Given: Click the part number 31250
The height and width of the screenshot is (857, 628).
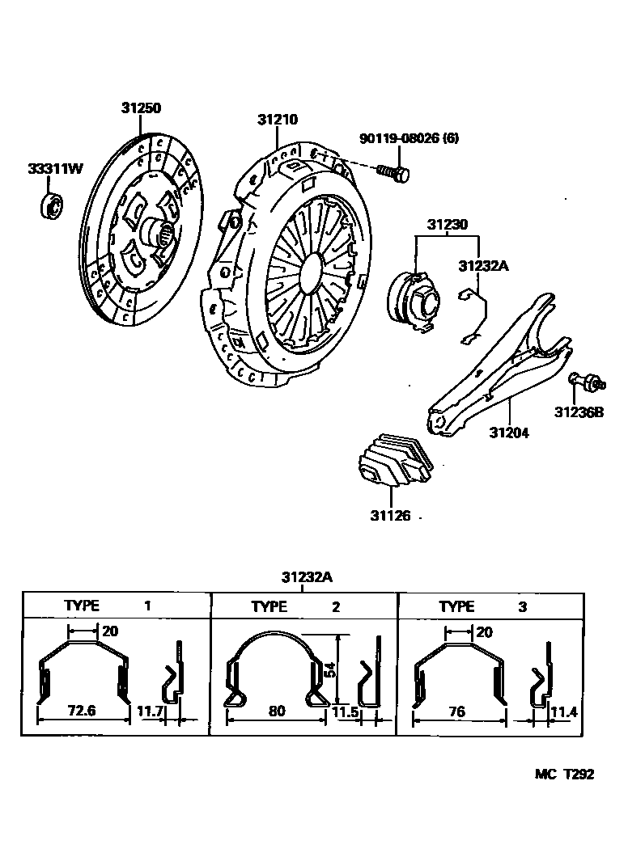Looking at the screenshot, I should (142, 108).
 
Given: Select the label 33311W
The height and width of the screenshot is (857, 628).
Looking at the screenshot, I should (55, 169).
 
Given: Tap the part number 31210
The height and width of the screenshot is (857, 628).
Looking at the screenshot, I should (278, 120).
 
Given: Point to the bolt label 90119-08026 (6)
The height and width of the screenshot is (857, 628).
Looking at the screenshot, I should (409, 138).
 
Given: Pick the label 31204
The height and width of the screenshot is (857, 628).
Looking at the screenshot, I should (508, 433).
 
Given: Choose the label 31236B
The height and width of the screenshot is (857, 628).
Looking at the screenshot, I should (579, 412).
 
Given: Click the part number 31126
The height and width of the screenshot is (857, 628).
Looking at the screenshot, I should (390, 515).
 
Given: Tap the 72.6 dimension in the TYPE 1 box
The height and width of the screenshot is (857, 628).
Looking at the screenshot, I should (83, 711).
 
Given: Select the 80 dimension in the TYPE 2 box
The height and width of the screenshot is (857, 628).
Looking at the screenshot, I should (277, 711).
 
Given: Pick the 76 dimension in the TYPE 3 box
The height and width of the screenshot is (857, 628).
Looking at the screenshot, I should (458, 711).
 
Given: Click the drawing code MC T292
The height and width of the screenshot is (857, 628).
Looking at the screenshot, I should (563, 774).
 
